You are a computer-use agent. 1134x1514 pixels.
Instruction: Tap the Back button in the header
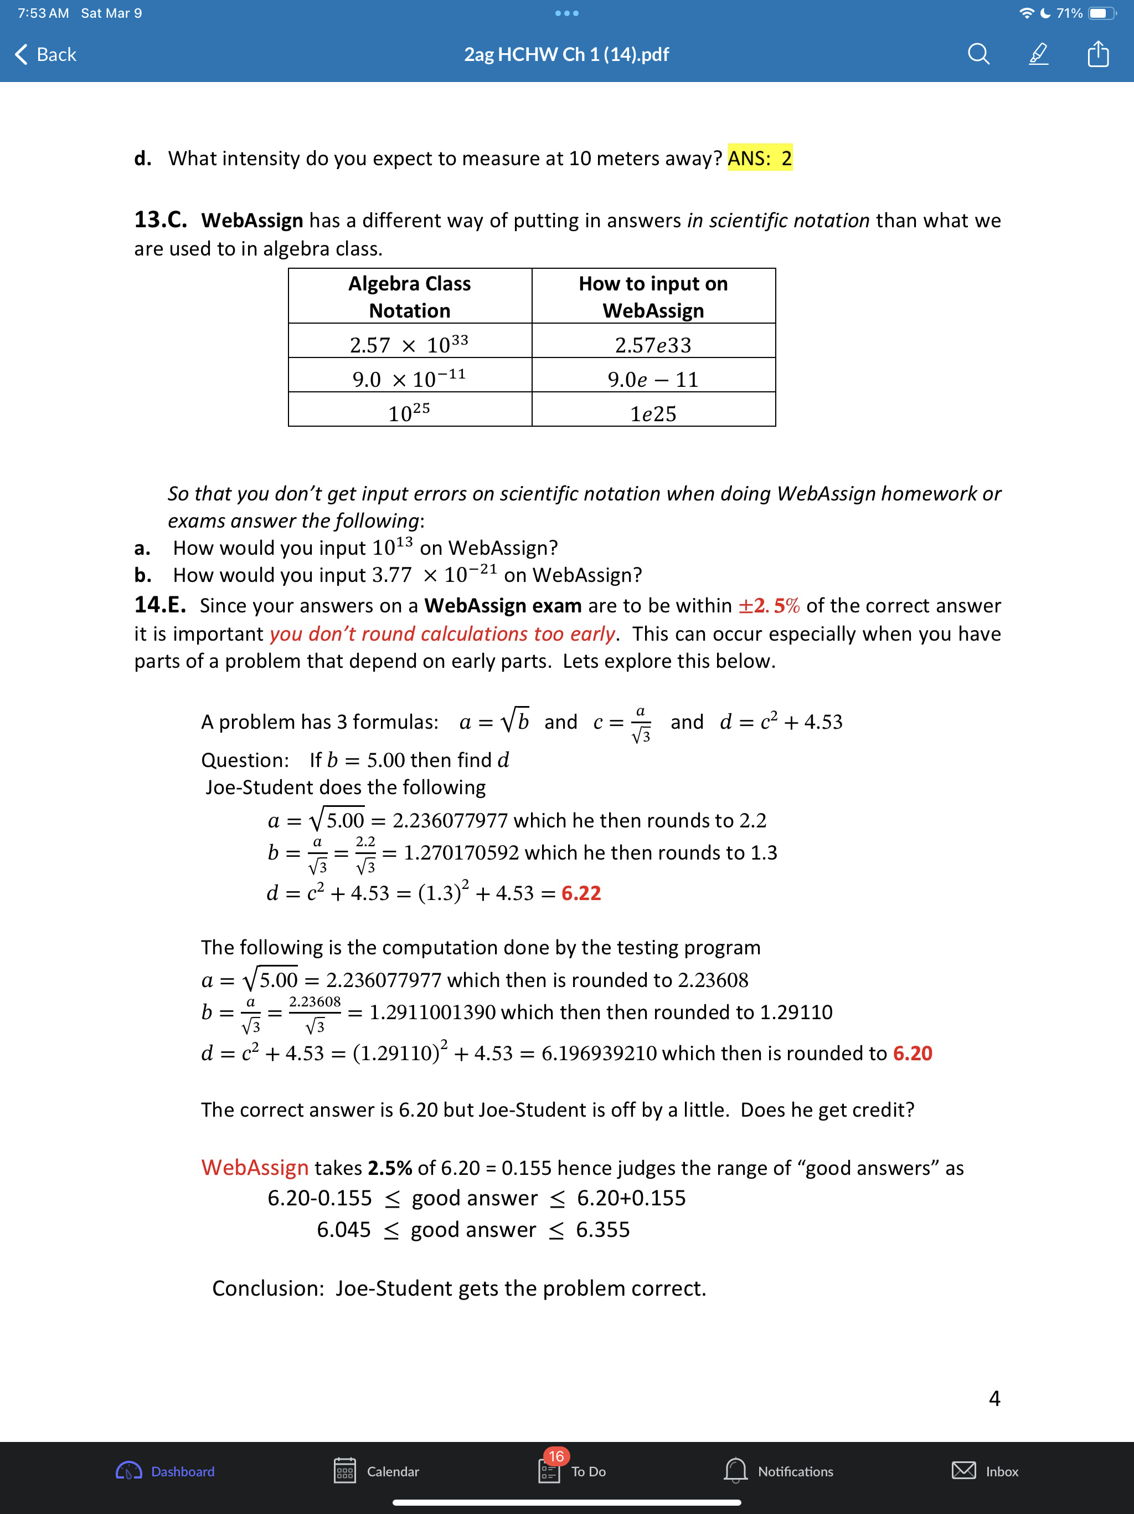(x=46, y=54)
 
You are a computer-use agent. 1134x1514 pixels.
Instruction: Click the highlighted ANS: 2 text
(x=759, y=158)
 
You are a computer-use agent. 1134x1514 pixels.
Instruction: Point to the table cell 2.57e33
(x=653, y=344)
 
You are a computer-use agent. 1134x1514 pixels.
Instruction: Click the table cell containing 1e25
(x=653, y=413)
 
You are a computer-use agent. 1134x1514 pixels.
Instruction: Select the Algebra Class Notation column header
(x=409, y=296)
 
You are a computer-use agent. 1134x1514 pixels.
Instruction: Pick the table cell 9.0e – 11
(x=653, y=379)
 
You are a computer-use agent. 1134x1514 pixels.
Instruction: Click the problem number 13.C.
(x=160, y=219)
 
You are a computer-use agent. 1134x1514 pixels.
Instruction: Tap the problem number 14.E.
(x=159, y=605)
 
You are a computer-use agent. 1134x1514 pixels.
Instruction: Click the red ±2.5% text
(x=768, y=606)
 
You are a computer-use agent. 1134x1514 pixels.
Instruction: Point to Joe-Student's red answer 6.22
(x=581, y=893)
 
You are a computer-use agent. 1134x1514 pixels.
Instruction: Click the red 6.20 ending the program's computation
(x=913, y=1053)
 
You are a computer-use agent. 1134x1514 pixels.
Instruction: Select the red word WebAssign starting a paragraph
(x=255, y=1167)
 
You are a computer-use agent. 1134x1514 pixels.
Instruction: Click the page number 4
(x=994, y=1398)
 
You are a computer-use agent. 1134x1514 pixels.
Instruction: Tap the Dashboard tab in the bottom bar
(x=166, y=1471)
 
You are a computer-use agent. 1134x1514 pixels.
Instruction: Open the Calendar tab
(x=376, y=1471)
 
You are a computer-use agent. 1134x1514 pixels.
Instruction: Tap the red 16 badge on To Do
(x=556, y=1456)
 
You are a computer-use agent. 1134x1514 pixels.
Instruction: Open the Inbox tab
(x=985, y=1471)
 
